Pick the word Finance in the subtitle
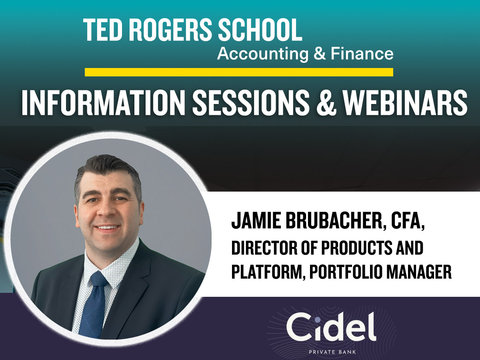click(362, 54)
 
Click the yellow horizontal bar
click(239, 72)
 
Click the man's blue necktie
click(93, 304)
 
